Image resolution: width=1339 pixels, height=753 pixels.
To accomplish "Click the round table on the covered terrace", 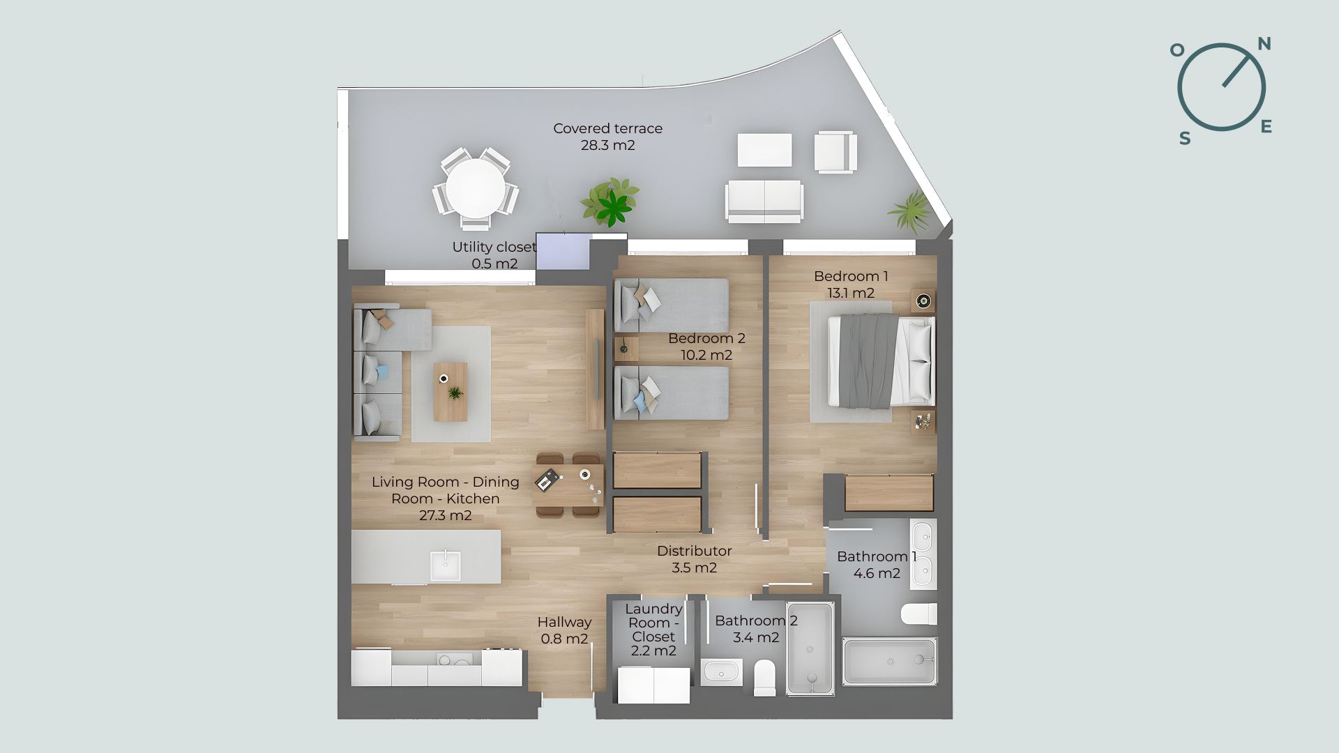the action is [x=476, y=189].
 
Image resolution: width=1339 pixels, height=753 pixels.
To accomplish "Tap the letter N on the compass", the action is [x=1264, y=44].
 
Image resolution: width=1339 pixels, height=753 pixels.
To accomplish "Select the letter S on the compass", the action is [x=1185, y=138].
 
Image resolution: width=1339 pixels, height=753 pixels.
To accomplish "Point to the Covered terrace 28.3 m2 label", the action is [x=607, y=137].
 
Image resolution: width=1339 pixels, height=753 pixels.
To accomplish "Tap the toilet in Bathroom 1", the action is [x=918, y=614].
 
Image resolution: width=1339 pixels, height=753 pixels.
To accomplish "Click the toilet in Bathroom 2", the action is [x=765, y=678].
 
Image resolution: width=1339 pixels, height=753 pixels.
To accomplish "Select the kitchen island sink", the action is [x=445, y=565].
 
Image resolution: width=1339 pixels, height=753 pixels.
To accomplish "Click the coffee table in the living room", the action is [x=451, y=392].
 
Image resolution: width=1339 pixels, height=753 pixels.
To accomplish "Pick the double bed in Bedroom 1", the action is [x=881, y=360].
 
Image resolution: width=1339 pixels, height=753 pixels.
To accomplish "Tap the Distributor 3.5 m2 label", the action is [x=694, y=559].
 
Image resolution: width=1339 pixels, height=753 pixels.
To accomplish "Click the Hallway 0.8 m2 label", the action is [x=564, y=630].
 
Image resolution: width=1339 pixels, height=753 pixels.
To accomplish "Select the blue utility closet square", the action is [x=563, y=250].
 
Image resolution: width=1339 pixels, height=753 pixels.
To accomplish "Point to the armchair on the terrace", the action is [x=835, y=152].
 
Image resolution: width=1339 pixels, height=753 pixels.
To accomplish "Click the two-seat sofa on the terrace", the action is [x=764, y=201].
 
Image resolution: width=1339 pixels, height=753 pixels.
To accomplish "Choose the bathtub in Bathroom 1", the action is [x=890, y=661].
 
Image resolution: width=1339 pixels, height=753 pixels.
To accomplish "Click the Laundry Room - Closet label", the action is [x=653, y=630].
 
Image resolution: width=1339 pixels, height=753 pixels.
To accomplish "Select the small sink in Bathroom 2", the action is [x=721, y=672].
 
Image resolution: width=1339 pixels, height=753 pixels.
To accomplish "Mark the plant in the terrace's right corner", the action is [x=910, y=211].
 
